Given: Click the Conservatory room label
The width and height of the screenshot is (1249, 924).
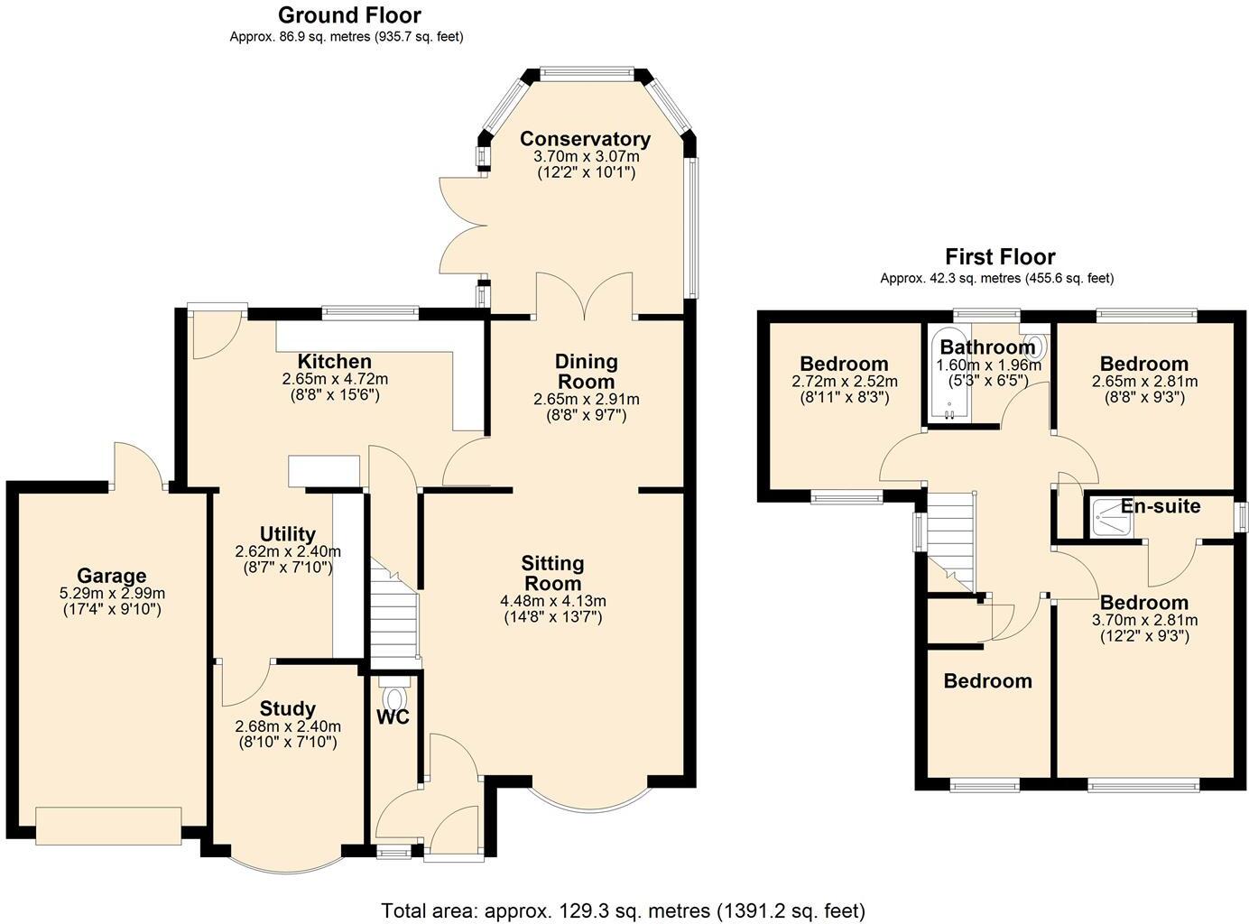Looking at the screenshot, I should coord(585,139).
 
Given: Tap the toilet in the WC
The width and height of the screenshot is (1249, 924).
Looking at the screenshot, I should coord(394,698).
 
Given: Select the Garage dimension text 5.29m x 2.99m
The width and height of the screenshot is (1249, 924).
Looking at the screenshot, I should coord(112,594).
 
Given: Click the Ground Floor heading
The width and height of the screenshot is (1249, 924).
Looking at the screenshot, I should coord(348,14).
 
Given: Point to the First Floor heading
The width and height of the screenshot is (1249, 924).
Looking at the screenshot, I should coord(1000,256).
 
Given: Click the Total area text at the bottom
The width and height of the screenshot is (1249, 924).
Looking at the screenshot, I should coord(623,910).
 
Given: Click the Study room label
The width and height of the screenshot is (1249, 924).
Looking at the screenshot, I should coord(287,708).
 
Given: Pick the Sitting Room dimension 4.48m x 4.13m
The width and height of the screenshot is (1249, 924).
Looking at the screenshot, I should coord(552,601).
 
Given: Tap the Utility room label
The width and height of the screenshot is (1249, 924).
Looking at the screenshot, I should coord(287,533).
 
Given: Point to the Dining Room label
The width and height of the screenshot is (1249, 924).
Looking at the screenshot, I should coord(587,371).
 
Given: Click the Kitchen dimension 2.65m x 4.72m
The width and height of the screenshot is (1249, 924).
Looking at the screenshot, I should coord(335,379).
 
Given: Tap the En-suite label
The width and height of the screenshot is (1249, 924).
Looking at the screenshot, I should coord(1161,506).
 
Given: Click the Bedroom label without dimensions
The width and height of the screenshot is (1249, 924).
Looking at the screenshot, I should coord(987,681).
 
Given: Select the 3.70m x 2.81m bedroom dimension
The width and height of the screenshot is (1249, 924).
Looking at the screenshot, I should coord(1144,620).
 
